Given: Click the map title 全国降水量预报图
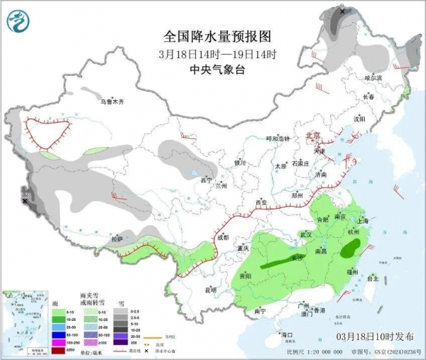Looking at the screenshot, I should [x=217, y=36].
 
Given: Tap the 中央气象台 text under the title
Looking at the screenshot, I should [x=217, y=70].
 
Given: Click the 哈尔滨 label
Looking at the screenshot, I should [x=373, y=77].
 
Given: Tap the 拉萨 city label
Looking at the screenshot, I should [x=117, y=239].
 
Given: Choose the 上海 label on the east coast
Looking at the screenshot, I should [x=367, y=221].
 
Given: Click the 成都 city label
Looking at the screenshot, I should [x=224, y=237].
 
